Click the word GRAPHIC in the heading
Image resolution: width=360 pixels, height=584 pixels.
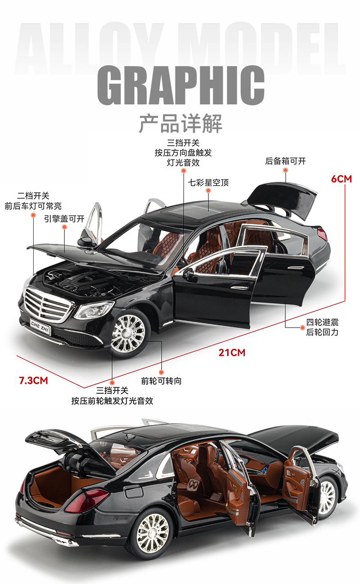point(180,86)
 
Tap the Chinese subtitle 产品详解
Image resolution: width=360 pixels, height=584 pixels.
point(180,123)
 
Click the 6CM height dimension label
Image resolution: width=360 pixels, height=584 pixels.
point(341,179)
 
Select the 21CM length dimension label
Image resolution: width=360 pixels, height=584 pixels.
point(232,352)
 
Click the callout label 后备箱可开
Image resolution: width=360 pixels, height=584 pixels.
point(285,161)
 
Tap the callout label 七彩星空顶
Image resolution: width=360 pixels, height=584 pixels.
point(208,183)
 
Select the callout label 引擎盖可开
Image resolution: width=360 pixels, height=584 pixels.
point(64,219)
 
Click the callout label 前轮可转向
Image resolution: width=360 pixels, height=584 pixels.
point(161,381)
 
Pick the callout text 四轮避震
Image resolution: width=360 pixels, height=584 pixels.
point(322,322)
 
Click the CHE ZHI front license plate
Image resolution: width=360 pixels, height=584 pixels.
point(40,324)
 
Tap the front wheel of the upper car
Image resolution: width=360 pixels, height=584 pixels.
point(128,333)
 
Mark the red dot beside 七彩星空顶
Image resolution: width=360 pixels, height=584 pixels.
point(208,191)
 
